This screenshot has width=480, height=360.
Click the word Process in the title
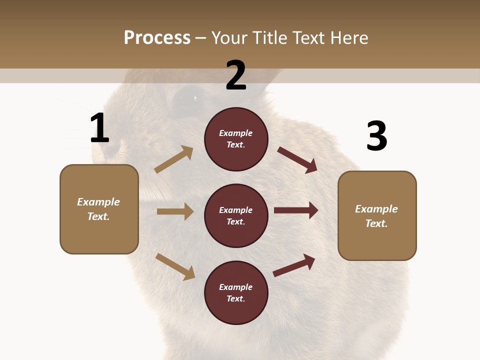click(157, 38)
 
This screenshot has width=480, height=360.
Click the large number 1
click(99, 128)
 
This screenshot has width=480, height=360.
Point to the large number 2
click(236, 75)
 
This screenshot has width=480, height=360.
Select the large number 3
click(376, 136)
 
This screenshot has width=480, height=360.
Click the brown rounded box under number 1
click(99, 209)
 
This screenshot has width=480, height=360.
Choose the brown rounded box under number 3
click(377, 215)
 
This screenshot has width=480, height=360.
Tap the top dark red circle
click(236, 139)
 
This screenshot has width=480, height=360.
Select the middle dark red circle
click(236, 215)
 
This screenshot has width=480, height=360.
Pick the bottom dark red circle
click(236, 292)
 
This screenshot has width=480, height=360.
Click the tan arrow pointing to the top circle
click(173, 159)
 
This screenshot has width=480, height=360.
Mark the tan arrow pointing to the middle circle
click(175, 211)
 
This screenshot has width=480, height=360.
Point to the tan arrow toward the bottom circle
click(175, 266)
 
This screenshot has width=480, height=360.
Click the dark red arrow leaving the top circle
click(297, 159)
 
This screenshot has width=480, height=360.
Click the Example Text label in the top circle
click(236, 139)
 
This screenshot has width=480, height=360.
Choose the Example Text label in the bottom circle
click(236, 292)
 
